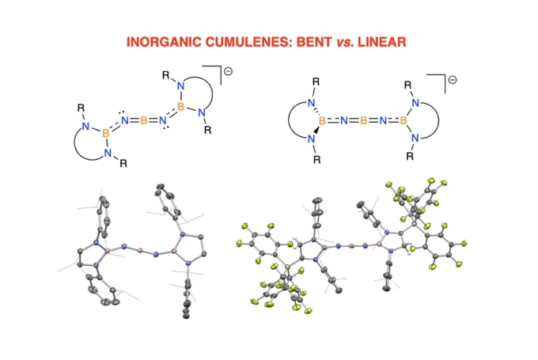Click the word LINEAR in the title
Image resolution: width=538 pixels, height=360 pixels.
coord(382,42)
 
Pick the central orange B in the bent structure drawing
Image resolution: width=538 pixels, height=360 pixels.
coord(144,120)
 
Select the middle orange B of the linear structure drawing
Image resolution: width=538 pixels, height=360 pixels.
coord(363,120)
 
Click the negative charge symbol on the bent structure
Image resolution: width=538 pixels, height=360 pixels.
coord(228,71)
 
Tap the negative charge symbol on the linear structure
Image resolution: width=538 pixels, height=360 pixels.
coord(453,80)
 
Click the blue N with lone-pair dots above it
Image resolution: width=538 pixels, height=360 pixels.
coord(124,120)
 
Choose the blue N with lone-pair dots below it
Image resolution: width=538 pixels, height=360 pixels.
coord(163,120)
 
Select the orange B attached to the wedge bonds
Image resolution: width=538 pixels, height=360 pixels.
coord(323,120)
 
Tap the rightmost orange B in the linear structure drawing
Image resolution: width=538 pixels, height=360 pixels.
coord(403,120)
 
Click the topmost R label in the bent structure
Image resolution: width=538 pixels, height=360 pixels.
coord(166,75)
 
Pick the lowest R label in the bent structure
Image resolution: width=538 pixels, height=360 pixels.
coord(123,163)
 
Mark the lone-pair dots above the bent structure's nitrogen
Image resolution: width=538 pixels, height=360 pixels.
coord(123,112)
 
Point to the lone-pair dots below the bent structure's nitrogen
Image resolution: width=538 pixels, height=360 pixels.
coord(166,128)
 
